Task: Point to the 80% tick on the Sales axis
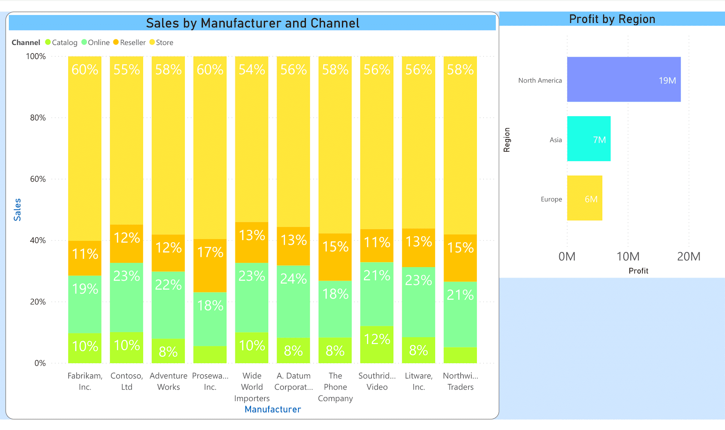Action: tap(38, 118)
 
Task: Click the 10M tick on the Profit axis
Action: tap(628, 256)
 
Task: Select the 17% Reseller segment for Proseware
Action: tap(210, 266)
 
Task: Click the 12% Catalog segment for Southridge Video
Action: tap(377, 344)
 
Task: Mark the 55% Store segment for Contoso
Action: tap(126, 140)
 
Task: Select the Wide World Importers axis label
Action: tap(252, 387)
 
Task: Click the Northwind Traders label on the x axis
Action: tap(460, 381)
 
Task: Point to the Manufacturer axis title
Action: tap(273, 409)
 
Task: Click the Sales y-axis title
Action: tap(17, 210)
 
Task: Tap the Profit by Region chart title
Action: tap(612, 19)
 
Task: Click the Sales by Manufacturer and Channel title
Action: tap(252, 23)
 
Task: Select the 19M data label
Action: tap(667, 81)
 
